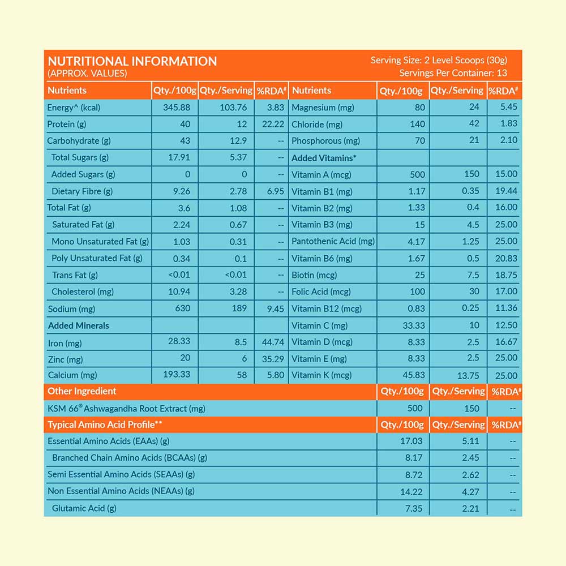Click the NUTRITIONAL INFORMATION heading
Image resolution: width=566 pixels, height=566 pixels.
pos(132,61)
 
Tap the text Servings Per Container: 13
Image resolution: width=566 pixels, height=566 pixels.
pos(453,73)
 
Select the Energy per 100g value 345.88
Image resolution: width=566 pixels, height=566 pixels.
pos(176,108)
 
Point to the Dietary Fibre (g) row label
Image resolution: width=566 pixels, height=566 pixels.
pos(82,191)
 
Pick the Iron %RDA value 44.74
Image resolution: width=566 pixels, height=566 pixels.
pos(272,342)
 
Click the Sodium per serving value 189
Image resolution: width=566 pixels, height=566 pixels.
pos(239,308)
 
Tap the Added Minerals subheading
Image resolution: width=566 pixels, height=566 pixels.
pos(78,325)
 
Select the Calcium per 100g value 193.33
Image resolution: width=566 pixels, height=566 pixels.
pos(176,375)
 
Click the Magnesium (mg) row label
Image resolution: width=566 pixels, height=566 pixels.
pos(321,108)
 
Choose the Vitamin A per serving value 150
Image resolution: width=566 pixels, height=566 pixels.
pos(471,174)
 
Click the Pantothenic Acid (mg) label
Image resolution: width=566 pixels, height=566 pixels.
pos(333,241)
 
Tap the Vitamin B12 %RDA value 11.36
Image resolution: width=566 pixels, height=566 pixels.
pos(506,308)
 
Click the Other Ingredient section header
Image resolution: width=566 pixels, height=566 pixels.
pos(82,391)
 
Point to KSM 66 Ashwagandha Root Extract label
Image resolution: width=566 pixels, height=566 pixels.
pos(126,408)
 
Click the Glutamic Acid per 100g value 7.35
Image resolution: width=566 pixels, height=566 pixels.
pos(414,508)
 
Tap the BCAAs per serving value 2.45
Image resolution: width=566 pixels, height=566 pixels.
pos(470,458)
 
